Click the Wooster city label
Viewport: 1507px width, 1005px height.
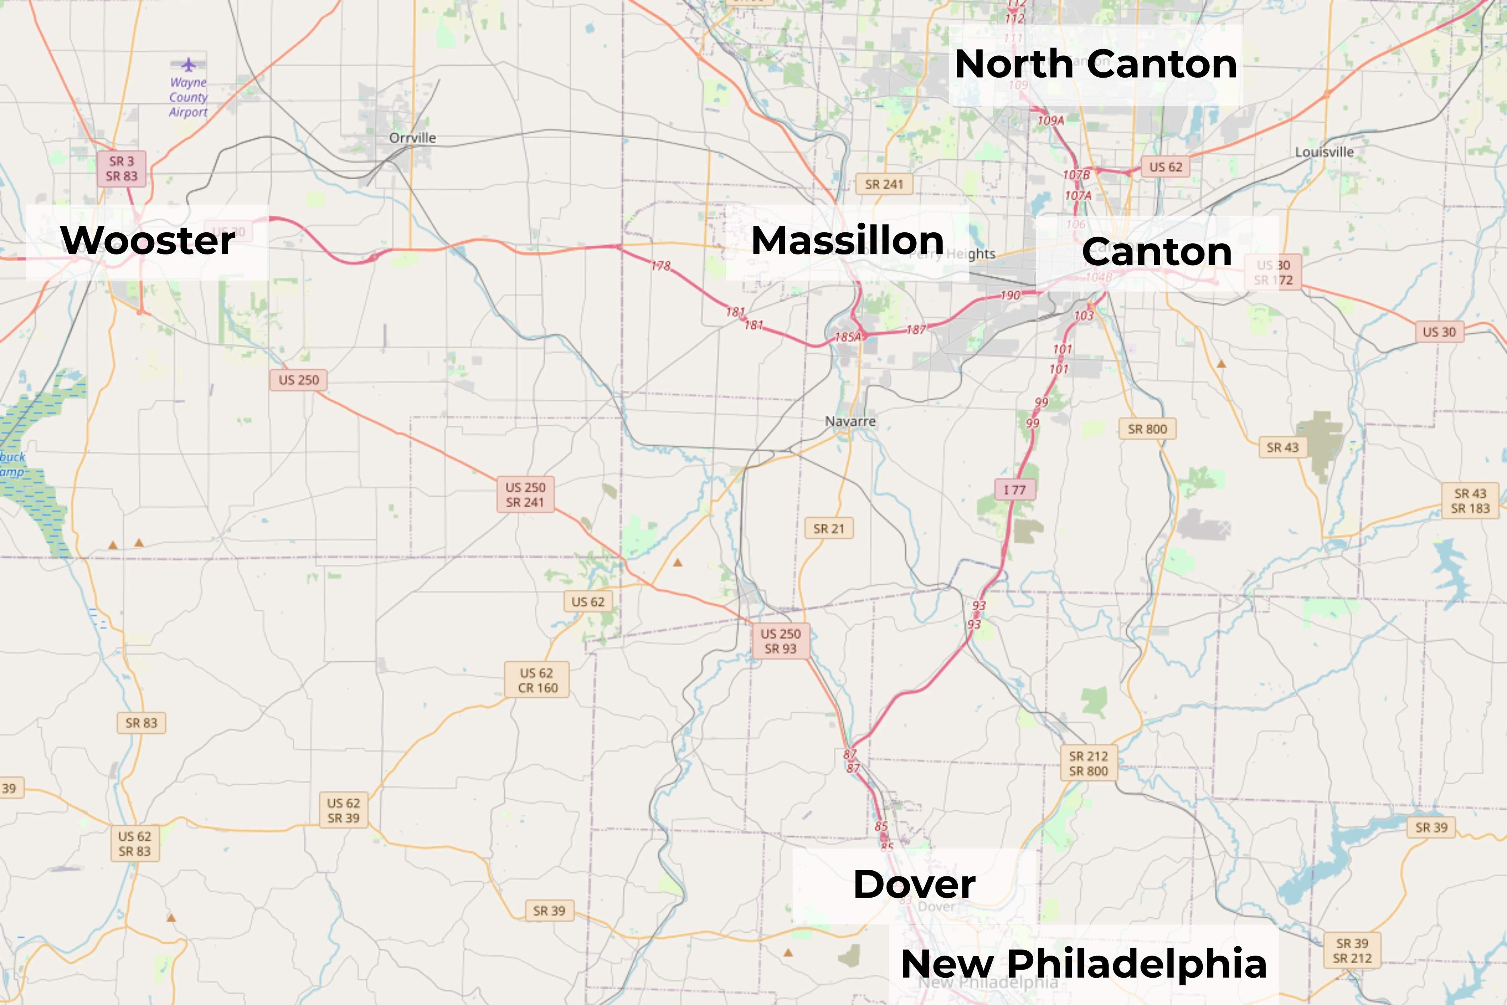(147, 241)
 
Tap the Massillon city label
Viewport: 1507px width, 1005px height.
(847, 241)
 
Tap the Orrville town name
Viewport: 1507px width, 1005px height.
(413, 138)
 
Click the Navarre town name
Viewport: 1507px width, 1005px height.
(850, 421)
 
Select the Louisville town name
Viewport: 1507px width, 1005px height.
(1325, 152)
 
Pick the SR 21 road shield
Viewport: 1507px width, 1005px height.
(829, 529)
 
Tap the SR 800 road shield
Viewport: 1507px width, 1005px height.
(1147, 429)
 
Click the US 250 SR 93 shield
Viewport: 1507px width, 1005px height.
(780, 641)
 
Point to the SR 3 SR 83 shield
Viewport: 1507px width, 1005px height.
(122, 168)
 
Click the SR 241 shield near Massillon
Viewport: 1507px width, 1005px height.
(884, 185)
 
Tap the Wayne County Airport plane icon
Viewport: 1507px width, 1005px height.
(188, 65)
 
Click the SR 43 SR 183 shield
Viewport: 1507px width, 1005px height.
(1470, 500)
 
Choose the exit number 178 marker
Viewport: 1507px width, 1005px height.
(661, 265)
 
